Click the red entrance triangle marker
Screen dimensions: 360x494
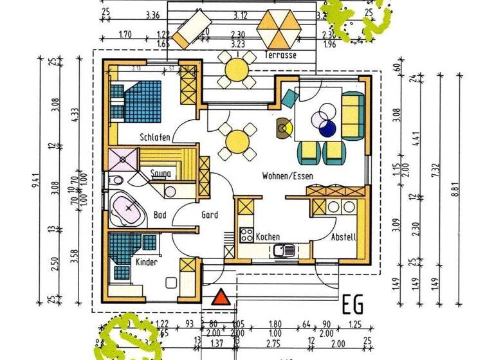coord(221,297)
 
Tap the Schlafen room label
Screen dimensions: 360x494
coord(154,138)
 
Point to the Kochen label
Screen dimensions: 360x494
coord(267,237)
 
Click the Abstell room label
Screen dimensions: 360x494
coord(343,237)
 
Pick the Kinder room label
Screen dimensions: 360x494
coord(146,262)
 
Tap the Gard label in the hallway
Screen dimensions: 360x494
coord(210,215)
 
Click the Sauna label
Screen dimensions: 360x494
coord(160,174)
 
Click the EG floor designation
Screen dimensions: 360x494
coord(354,302)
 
